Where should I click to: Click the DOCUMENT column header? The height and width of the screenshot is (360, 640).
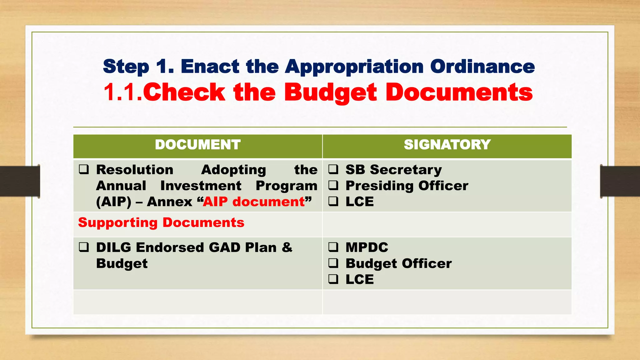point(197,145)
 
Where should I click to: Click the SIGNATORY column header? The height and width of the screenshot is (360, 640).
point(447,145)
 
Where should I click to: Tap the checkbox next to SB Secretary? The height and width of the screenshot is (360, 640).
point(333,169)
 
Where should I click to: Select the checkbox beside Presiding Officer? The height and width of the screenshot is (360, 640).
point(333,185)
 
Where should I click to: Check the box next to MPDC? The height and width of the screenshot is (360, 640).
point(333,247)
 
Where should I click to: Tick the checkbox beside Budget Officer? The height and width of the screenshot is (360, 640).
point(333,263)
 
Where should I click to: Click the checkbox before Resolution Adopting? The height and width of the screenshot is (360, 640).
point(84,169)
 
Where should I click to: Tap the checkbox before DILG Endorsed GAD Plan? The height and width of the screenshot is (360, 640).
point(84,247)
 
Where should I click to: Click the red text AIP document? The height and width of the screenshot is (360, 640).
point(254,202)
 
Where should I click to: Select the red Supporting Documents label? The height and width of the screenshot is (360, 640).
point(161,223)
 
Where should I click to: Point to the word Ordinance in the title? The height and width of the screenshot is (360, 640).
point(482,67)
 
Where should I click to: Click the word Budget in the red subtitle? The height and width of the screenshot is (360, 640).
point(331,92)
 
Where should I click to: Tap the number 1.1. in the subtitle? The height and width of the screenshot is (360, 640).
point(123,92)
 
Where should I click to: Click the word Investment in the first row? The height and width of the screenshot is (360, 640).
point(201,186)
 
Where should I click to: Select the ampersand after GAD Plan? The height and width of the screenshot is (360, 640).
point(287,247)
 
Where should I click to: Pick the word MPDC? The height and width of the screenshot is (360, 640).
point(367,247)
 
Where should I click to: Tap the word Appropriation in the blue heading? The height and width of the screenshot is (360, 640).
point(354,67)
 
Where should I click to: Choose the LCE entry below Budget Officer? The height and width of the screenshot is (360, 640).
point(359,279)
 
